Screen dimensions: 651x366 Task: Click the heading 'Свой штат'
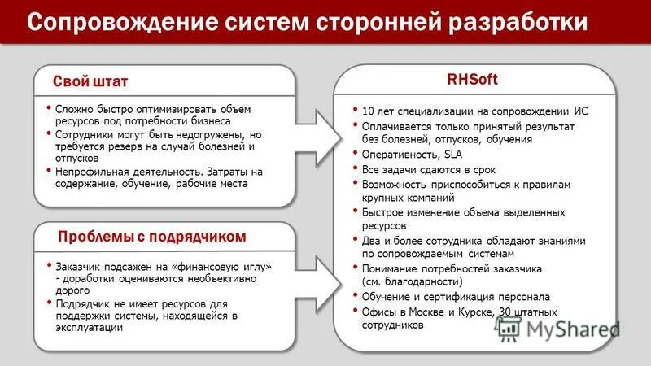coord(90,82)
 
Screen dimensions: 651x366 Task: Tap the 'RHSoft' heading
coord(472,80)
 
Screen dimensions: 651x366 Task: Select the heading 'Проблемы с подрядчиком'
coord(152,237)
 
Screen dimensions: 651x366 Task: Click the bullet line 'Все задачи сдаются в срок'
coord(429,170)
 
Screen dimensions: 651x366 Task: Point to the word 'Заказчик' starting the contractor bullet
coord(80,266)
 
